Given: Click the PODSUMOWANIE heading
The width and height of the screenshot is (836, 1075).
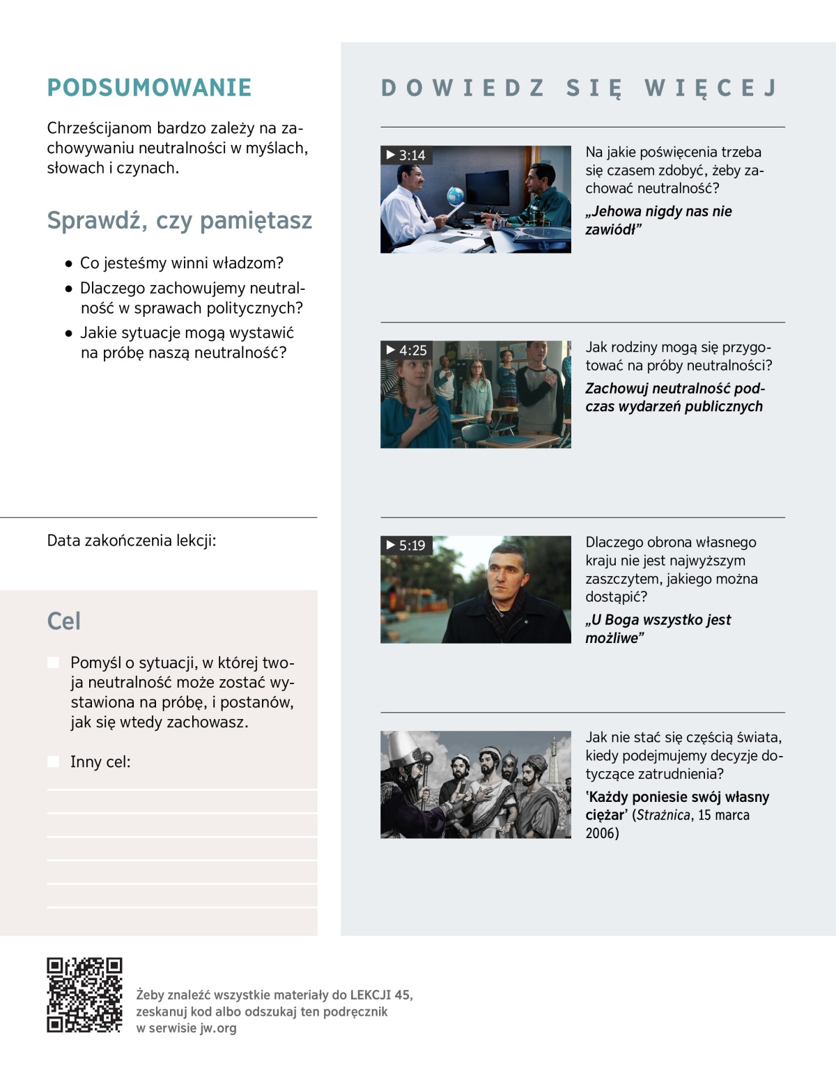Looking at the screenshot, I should (149, 88).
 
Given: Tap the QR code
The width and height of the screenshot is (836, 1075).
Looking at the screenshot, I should (84, 994).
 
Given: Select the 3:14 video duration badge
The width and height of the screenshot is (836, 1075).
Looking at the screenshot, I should (406, 155).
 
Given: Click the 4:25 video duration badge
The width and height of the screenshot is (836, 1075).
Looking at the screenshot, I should (407, 350).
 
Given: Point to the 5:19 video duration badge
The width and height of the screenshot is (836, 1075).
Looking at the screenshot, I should (406, 546).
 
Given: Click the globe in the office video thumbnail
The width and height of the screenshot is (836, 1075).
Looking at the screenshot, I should (455, 195).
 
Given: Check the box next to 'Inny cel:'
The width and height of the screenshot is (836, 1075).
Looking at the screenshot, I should (54, 761).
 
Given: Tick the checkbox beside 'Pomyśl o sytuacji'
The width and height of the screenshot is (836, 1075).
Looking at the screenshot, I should (54, 663).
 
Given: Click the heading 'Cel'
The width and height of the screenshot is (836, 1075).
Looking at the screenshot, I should (64, 621).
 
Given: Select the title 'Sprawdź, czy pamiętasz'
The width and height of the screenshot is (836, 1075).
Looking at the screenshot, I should (179, 220).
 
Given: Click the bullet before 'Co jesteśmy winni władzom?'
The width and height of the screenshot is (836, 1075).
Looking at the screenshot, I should (68, 264).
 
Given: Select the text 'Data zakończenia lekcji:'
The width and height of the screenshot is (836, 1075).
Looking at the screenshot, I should (132, 541).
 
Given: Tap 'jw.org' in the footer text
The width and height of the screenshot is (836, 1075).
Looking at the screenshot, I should (218, 1028).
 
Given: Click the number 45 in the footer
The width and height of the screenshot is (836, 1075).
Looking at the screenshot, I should (402, 995).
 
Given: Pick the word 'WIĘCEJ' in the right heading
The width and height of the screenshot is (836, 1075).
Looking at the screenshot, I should (711, 88).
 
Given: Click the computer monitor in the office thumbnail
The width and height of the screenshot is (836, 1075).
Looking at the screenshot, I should (487, 187).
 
